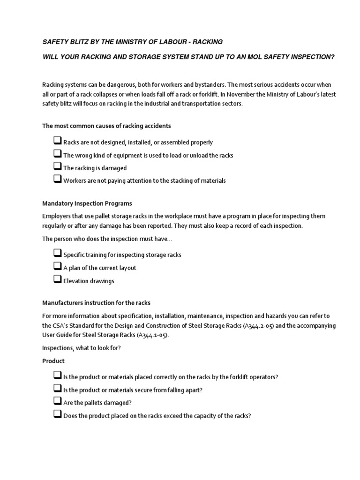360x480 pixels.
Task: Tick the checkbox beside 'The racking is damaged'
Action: tap(57, 167)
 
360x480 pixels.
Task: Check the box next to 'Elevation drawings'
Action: tap(57, 280)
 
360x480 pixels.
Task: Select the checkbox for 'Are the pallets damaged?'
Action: tap(57, 401)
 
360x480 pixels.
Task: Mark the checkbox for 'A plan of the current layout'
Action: tap(57, 267)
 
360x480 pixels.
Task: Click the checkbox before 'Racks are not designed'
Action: tap(57, 141)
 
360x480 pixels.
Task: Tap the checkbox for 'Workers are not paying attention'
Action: tap(57, 180)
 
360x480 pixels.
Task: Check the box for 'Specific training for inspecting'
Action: tap(57, 254)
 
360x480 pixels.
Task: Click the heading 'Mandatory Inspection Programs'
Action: tap(87, 203)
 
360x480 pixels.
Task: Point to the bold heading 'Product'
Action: tap(53, 361)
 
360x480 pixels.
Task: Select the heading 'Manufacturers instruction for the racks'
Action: tap(97, 303)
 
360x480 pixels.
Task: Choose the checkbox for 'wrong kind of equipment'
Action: tap(57, 154)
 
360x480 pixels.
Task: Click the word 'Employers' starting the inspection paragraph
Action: tap(56, 216)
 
